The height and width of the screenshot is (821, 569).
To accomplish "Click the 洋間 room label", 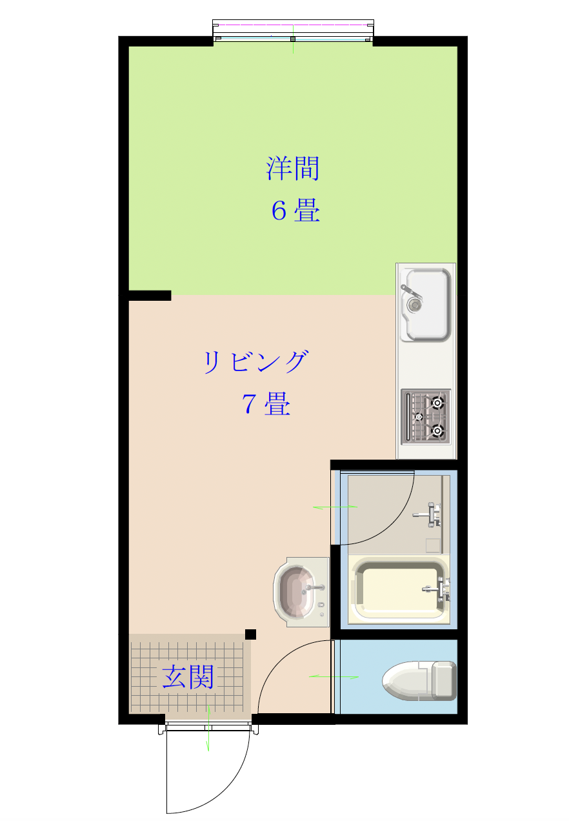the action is tap(292, 168).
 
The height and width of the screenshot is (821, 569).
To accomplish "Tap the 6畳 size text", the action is tap(295, 210).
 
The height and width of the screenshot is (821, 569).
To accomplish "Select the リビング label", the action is tap(255, 361).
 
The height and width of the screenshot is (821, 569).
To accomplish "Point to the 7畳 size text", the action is tap(266, 403).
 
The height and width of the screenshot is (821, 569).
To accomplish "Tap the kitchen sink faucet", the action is tap(411, 291).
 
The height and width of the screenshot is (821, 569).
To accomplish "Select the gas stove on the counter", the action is tap(425, 417).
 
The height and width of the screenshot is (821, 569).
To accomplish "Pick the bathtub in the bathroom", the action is tap(399, 591).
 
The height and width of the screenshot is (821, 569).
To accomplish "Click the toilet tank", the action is tap(444, 681).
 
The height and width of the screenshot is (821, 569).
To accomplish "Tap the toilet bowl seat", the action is tap(406, 681).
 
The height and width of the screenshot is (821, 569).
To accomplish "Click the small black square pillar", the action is tap(250, 634).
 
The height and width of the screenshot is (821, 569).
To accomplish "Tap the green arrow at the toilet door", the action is tap(334, 676).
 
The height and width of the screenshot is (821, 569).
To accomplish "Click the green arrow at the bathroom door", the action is tap(335, 507).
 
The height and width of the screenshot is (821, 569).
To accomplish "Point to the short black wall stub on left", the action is tap(150, 296).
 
